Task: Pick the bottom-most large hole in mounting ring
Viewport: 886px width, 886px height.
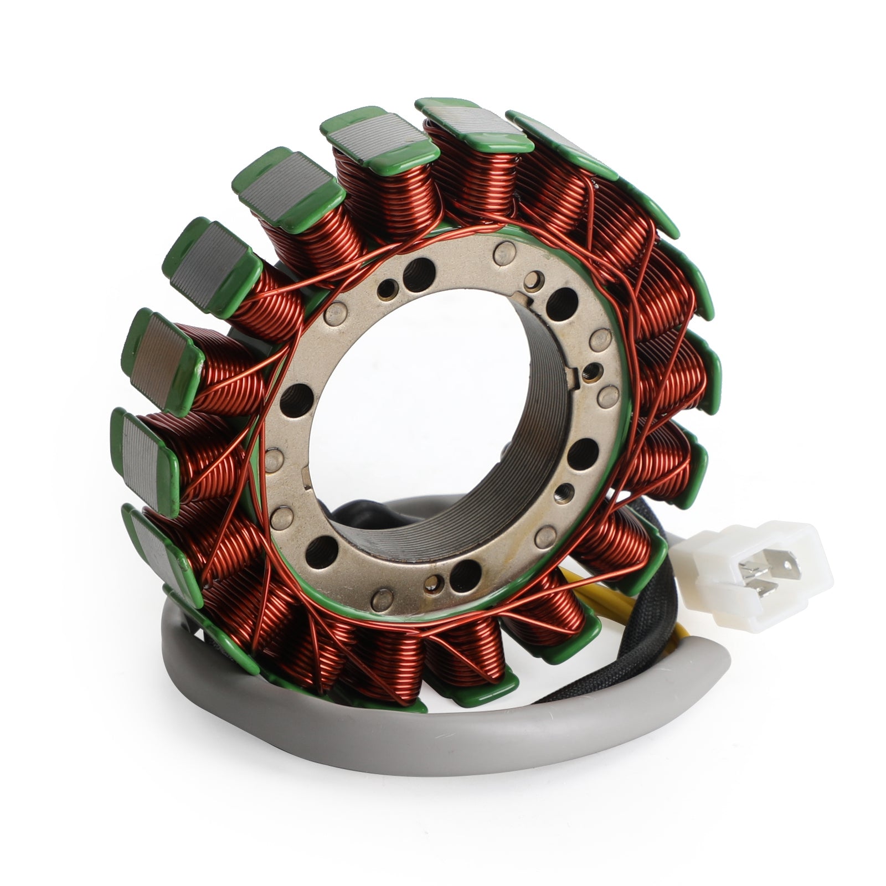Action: click(465, 570)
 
